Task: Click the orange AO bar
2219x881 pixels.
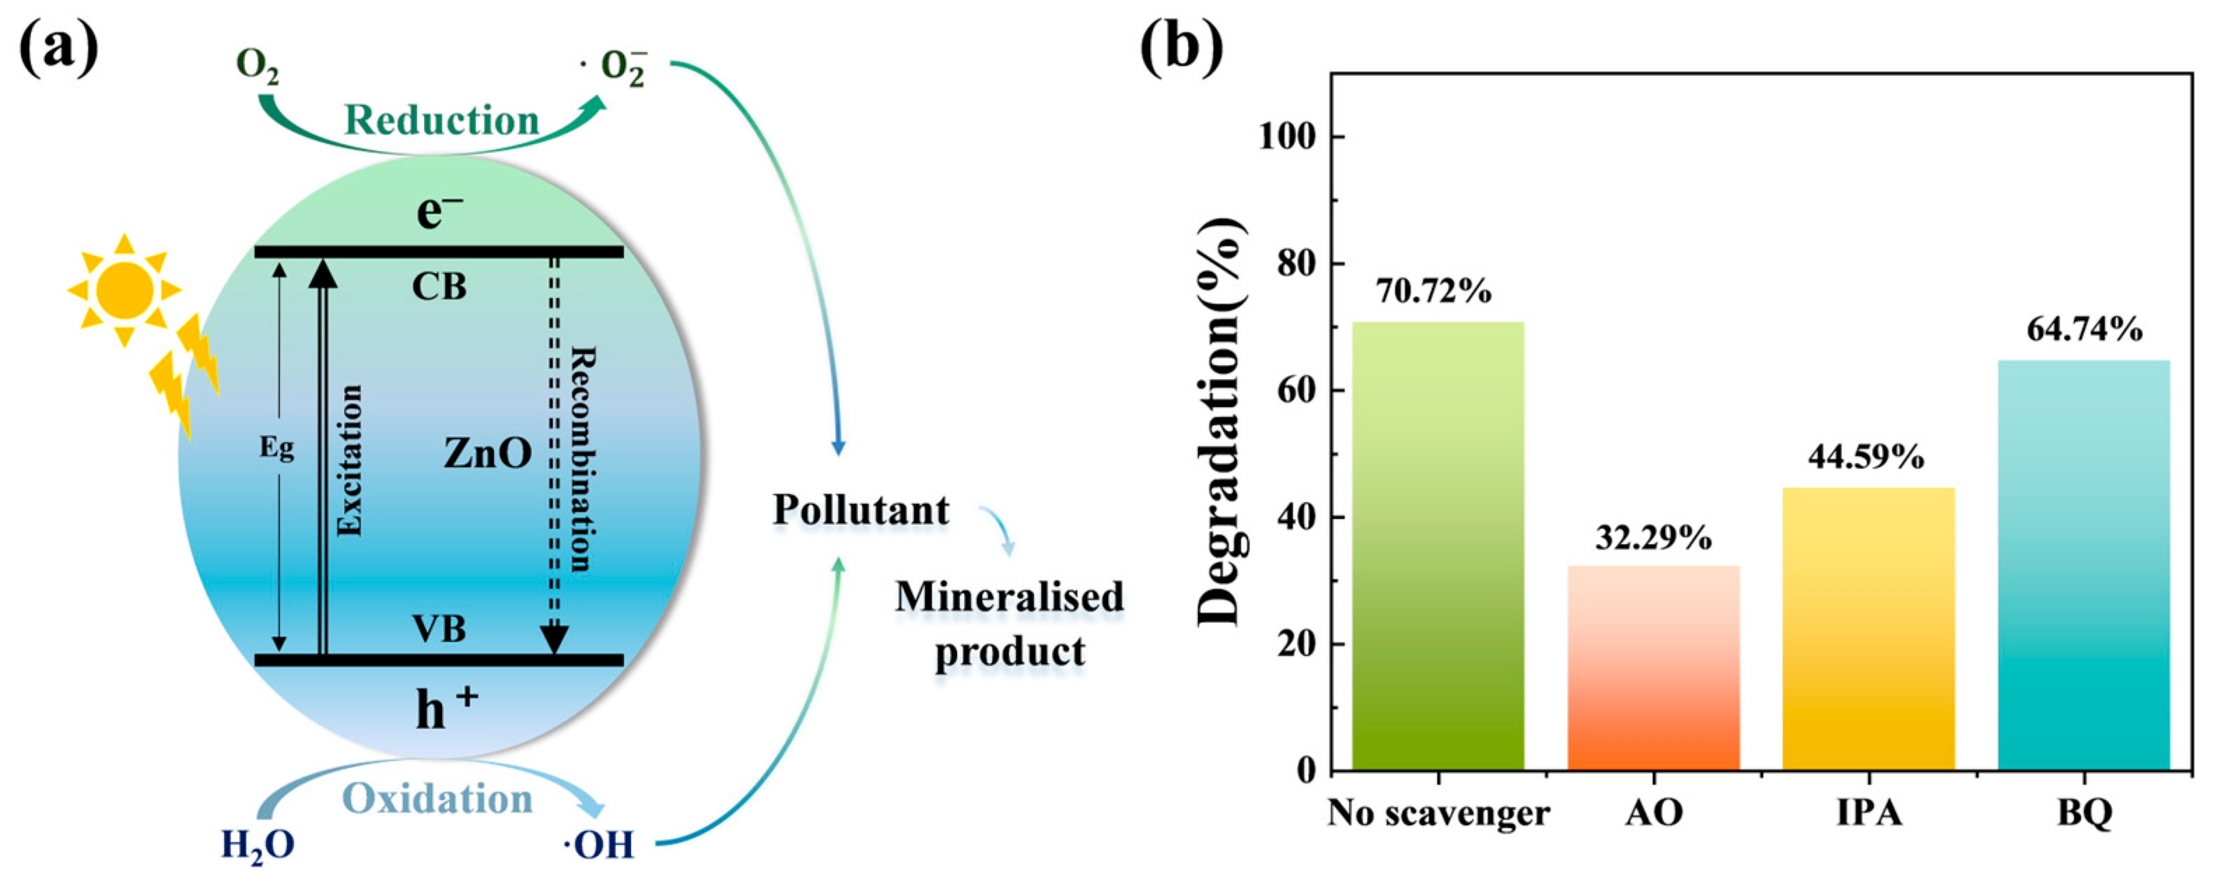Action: (x=1653, y=668)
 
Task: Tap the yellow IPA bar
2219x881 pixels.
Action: (x=1869, y=629)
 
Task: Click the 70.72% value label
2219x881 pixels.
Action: (x=1433, y=292)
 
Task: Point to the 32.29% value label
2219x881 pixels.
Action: (x=1653, y=538)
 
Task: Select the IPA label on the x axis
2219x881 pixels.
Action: (x=1869, y=812)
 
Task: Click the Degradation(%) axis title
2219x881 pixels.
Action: (x=1221, y=422)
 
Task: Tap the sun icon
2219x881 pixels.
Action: (x=125, y=290)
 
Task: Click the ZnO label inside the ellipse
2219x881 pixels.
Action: (x=488, y=453)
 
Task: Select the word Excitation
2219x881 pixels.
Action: (x=349, y=461)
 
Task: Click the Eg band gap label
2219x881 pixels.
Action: (x=277, y=447)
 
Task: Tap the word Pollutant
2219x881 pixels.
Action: (x=860, y=510)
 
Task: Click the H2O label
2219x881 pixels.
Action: (x=257, y=845)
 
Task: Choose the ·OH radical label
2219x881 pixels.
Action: (x=599, y=845)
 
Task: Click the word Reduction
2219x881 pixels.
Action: (x=441, y=120)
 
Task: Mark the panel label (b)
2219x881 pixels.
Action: (x=1181, y=48)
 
